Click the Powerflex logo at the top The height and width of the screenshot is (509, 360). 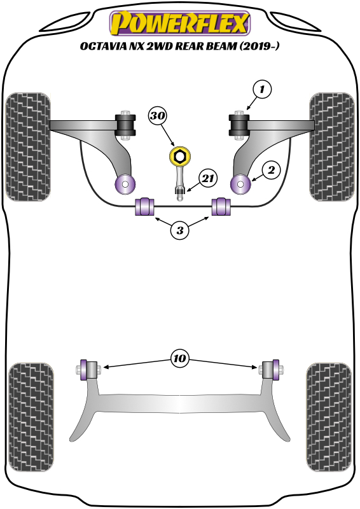[180, 24]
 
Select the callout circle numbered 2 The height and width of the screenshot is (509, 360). [270, 170]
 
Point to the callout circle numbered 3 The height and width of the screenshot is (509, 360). [180, 231]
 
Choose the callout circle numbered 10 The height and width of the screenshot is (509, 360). [180, 359]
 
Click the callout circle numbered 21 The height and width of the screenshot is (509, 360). [207, 179]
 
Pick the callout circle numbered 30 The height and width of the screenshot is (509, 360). [158, 116]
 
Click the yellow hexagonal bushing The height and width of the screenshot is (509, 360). [180, 156]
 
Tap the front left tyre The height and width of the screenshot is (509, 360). [27, 146]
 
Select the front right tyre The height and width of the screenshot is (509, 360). [331, 146]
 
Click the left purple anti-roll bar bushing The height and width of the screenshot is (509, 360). [146, 207]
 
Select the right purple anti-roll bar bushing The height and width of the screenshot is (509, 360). [220, 207]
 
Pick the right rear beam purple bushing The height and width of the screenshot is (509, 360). [276, 369]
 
